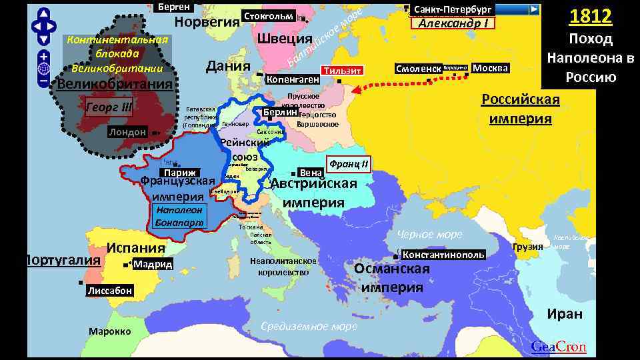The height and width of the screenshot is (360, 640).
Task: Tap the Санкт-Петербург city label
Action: (453, 9)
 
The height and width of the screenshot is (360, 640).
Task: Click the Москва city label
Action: (490, 68)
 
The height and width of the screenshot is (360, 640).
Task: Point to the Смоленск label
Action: (418, 69)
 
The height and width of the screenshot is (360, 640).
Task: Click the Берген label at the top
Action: (175, 7)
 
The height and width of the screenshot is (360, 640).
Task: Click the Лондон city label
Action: (128, 132)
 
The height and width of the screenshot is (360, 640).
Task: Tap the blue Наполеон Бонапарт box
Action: (178, 215)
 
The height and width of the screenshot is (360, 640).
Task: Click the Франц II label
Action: (349, 163)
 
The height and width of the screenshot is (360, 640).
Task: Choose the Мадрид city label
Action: (153, 265)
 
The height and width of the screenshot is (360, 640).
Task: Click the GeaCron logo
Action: (559, 347)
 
